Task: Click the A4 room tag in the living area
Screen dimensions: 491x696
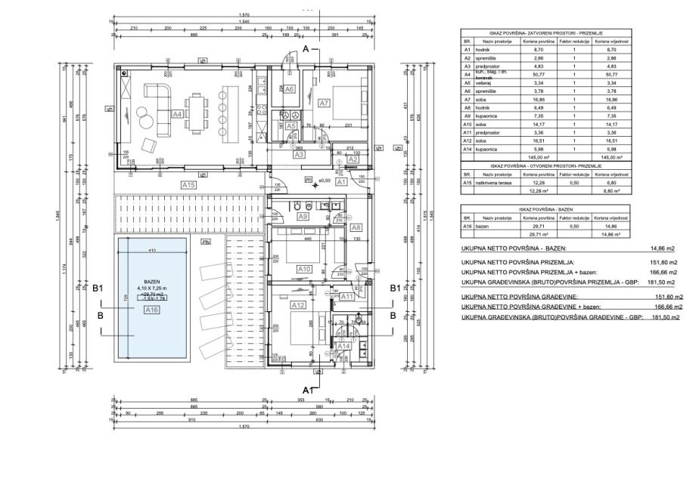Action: point(177,114)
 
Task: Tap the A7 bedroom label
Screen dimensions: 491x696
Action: point(324,102)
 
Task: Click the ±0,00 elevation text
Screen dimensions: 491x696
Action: point(325,181)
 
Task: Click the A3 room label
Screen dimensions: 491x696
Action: point(300,154)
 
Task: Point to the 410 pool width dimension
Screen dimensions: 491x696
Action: point(151,250)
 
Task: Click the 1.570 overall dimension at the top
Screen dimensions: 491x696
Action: point(244,16)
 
